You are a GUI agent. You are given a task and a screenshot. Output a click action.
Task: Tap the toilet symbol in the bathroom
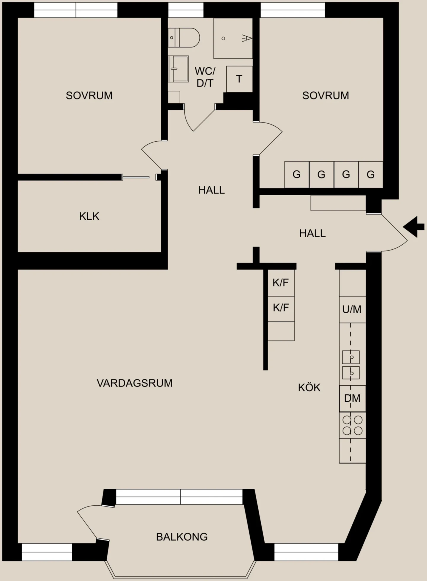click(x=184, y=38)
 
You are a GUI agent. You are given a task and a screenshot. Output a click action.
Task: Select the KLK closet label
click(x=89, y=216)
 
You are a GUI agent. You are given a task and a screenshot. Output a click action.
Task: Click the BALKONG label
click(x=182, y=536)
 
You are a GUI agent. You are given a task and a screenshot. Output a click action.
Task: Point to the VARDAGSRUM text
click(x=135, y=383)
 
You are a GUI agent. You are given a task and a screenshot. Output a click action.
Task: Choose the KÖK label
click(x=309, y=387)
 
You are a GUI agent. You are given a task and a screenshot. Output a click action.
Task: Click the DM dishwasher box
click(x=352, y=398)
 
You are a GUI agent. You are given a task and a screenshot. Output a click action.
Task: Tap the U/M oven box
click(x=352, y=309)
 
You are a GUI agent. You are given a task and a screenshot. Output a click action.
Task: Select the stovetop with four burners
click(x=352, y=425)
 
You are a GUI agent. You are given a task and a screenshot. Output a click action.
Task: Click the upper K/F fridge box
click(x=281, y=283)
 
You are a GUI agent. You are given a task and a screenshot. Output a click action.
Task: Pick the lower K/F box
click(x=281, y=309)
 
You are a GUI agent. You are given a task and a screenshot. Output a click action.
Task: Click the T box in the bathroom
click(x=239, y=79)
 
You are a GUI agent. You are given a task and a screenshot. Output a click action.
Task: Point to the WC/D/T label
click(x=205, y=77)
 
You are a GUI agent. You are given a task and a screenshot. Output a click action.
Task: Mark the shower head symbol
click(x=247, y=38)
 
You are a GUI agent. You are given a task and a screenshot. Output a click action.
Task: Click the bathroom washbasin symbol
click(x=178, y=69)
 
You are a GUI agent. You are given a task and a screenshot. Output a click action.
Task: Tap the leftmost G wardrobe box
click(x=297, y=175)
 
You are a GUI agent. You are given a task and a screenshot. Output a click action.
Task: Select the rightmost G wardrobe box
click(x=371, y=175)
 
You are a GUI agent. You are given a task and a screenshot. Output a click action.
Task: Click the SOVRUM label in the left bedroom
click(x=89, y=95)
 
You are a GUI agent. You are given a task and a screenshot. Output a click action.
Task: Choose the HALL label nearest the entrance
click(x=312, y=233)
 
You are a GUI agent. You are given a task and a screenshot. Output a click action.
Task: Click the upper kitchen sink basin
click(x=351, y=357)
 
